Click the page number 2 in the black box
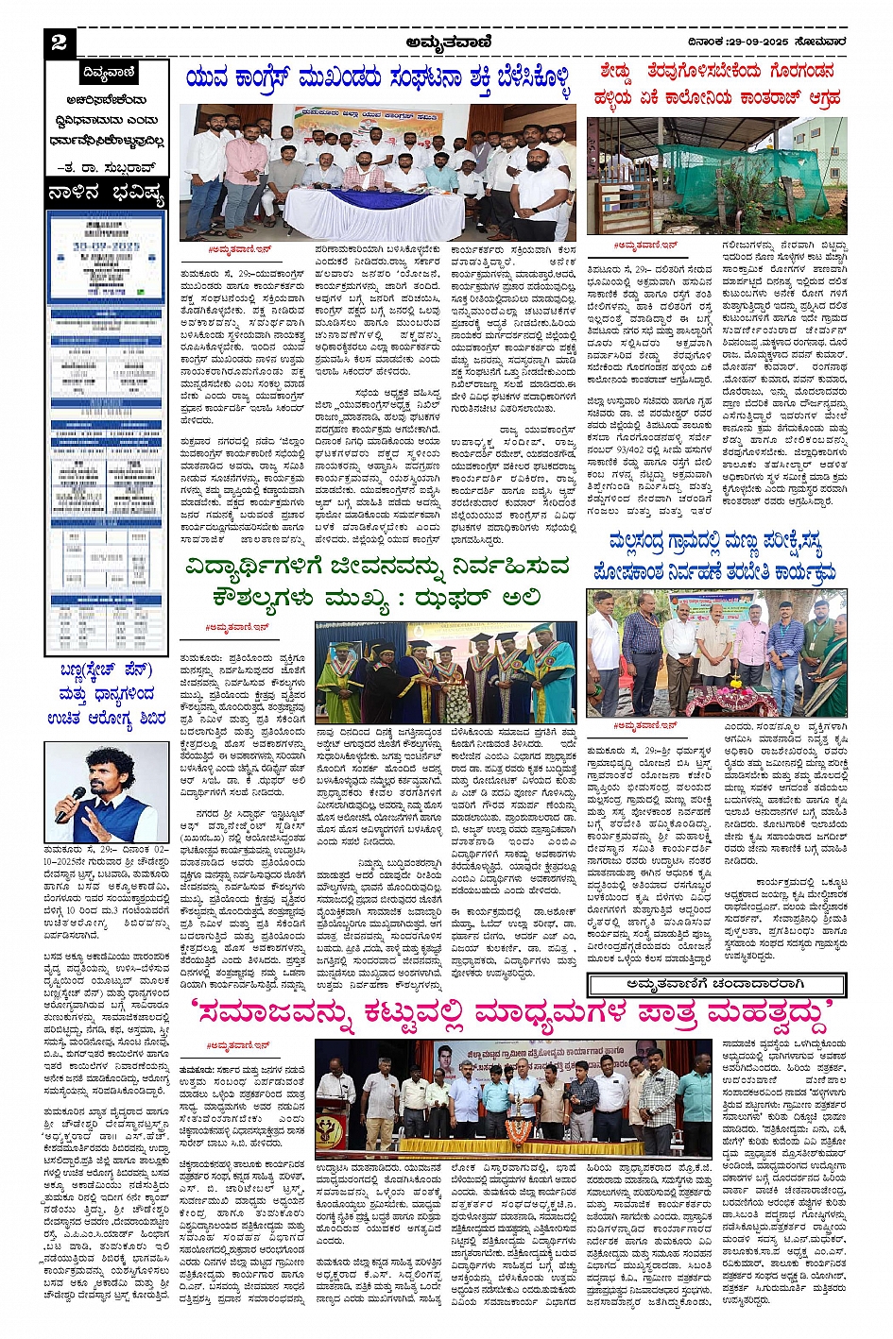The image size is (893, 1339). click(60, 42)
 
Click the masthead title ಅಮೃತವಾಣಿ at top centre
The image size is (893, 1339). click(445, 41)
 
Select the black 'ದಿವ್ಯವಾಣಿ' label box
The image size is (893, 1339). click(108, 72)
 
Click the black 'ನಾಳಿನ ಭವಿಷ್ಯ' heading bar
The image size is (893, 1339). click(107, 195)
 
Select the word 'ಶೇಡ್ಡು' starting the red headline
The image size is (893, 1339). click(616, 72)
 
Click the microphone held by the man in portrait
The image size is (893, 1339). click(68, 802)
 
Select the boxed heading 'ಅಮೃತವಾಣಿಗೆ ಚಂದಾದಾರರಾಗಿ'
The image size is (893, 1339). click(715, 984)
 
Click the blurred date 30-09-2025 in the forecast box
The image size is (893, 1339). click(106, 246)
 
